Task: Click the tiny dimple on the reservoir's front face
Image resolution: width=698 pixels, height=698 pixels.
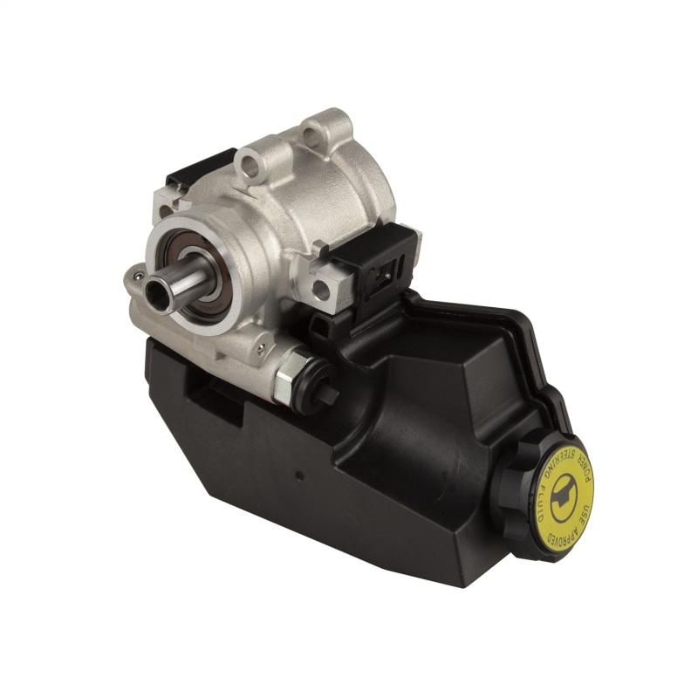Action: click(299, 476)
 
